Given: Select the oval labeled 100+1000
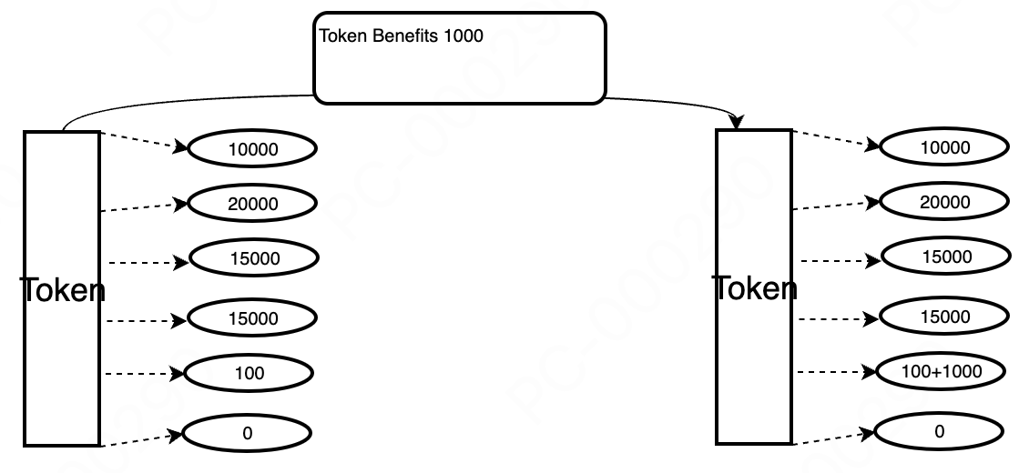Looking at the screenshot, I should [941, 371].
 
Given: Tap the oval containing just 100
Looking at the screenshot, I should [249, 373].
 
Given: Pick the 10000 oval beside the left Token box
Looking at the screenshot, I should [252, 148].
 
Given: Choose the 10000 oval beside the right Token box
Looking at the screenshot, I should [944, 147].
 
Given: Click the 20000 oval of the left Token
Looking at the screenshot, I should [252, 204].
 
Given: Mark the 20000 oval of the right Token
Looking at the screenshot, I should [944, 202].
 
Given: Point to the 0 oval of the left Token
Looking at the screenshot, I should [247, 433].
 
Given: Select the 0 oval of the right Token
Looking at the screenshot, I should [940, 432].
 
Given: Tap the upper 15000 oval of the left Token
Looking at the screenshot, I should [254, 258].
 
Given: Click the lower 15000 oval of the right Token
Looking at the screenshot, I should [944, 317].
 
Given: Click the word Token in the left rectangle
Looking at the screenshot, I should [62, 291].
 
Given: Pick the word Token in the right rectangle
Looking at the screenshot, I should [754, 288].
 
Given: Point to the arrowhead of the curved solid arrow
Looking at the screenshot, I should [739, 122].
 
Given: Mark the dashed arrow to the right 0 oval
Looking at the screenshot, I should [834, 438].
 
